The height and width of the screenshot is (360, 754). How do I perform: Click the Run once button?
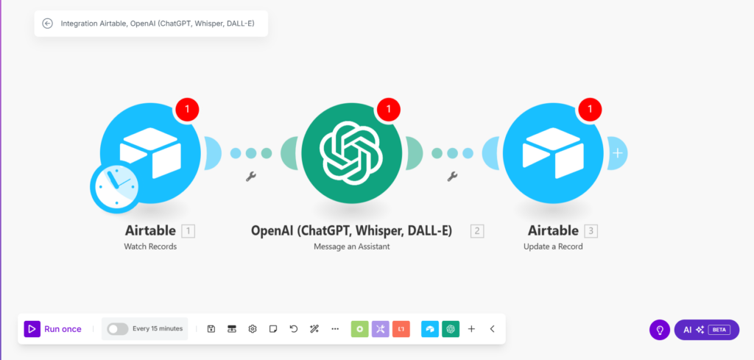pyautogui.click(x=53, y=329)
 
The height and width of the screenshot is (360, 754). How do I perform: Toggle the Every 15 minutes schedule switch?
pyautogui.click(x=118, y=329)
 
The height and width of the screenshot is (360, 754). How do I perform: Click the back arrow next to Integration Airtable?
pyautogui.click(x=48, y=23)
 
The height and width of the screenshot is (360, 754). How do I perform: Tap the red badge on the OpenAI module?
pyautogui.click(x=388, y=110)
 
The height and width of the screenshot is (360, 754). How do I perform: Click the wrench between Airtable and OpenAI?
pyautogui.click(x=250, y=177)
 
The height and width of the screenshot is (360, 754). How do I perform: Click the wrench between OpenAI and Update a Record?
pyautogui.click(x=452, y=177)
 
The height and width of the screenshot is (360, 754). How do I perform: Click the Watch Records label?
pyautogui.click(x=150, y=247)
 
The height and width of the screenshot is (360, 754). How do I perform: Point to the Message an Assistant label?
pyautogui.click(x=352, y=247)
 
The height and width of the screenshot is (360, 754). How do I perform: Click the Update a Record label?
pyautogui.click(x=553, y=247)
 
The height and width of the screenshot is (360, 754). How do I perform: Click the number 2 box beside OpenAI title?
pyautogui.click(x=477, y=231)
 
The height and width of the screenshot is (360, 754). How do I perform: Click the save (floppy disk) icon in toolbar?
pyautogui.click(x=211, y=329)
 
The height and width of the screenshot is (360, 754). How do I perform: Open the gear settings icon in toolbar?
pyautogui.click(x=253, y=329)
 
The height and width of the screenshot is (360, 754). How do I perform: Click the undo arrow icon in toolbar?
pyautogui.click(x=294, y=329)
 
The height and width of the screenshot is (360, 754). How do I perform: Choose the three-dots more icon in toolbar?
pyautogui.click(x=335, y=329)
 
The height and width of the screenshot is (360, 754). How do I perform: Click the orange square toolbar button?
pyautogui.click(x=401, y=329)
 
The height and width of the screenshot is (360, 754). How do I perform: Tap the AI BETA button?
pyautogui.click(x=706, y=330)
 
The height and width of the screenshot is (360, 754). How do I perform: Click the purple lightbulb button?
pyautogui.click(x=660, y=330)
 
